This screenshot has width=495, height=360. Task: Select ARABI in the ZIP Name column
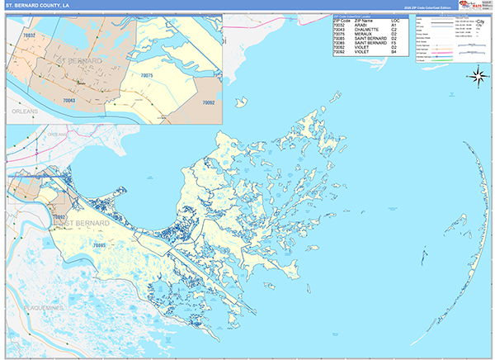[x=365, y=26]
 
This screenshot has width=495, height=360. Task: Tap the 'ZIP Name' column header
[x=368, y=21]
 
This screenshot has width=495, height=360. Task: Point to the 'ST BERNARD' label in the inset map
[x=77, y=61]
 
